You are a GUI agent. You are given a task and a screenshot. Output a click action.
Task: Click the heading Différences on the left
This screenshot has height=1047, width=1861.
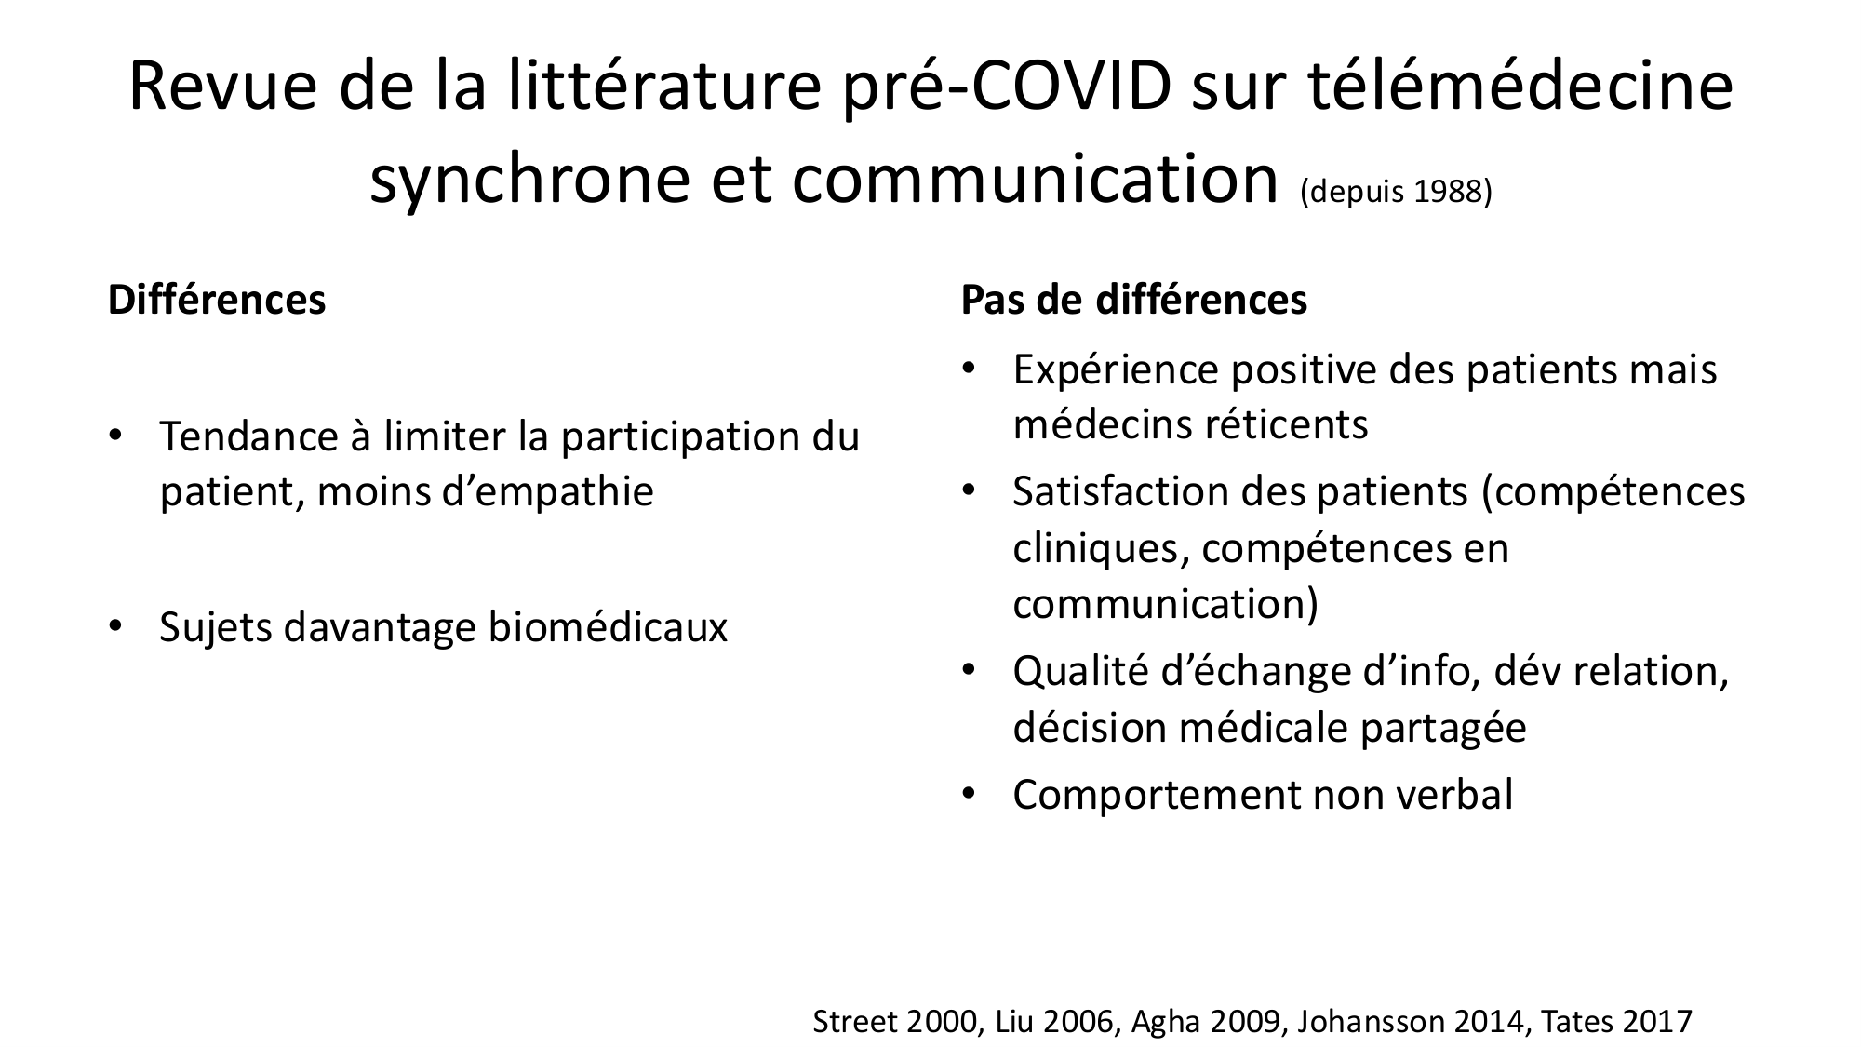point(217,300)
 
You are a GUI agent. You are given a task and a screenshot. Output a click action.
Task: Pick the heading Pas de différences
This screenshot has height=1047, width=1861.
point(1134,300)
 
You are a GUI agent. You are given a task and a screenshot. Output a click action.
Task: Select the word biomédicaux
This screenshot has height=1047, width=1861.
point(608,627)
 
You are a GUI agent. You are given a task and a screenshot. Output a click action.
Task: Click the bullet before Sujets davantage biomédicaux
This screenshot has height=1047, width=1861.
point(114,626)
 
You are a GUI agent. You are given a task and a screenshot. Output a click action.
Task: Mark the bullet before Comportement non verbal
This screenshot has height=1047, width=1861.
point(968,794)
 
